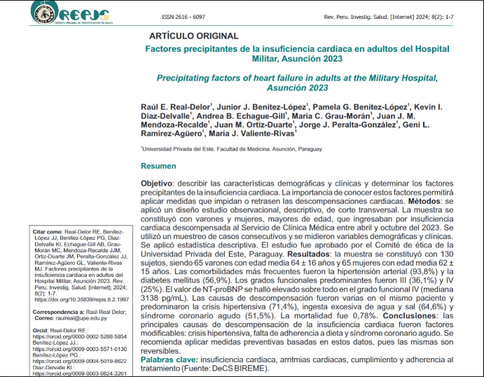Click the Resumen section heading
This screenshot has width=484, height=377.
click(x=158, y=165)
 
